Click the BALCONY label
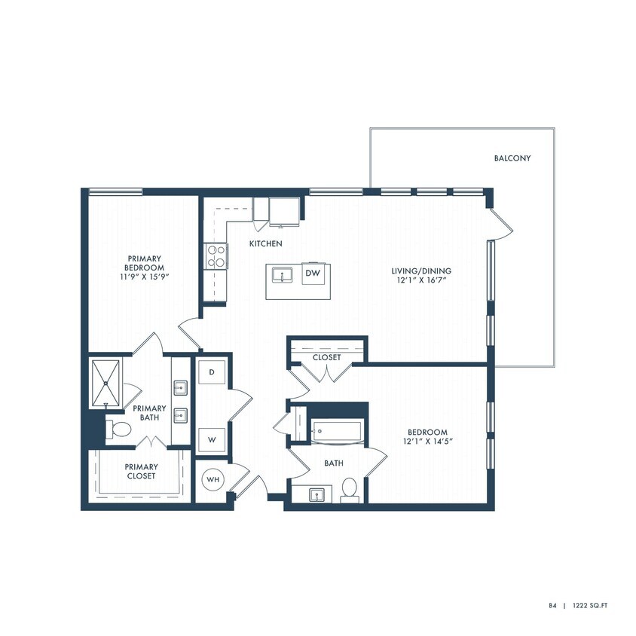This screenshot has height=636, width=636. [x=512, y=158]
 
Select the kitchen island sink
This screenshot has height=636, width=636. [x=283, y=275]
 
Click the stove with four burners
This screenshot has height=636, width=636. [x=216, y=256]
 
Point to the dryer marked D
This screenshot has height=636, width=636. [x=212, y=372]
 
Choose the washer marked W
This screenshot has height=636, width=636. [x=212, y=439]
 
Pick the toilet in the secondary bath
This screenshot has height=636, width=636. [x=349, y=490]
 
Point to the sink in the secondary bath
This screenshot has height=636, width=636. [x=317, y=494]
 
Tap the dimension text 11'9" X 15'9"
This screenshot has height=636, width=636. [x=145, y=277]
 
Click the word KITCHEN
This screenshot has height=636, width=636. [x=267, y=243]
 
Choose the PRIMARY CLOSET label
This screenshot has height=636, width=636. [x=141, y=471]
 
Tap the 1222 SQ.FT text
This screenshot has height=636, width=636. [x=595, y=605]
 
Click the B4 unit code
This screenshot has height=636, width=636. [x=552, y=605]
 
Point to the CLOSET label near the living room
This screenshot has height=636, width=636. [x=326, y=357]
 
